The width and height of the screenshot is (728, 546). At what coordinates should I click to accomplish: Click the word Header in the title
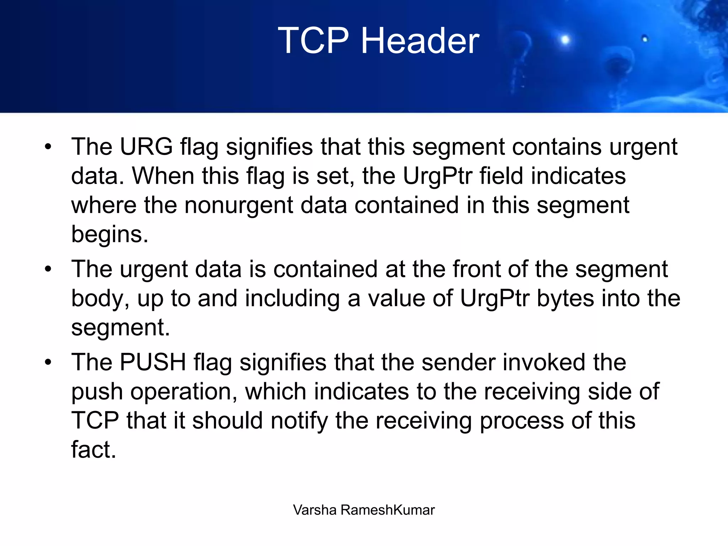pos(420,41)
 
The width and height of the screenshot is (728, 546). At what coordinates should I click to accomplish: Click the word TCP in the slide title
pos(313,41)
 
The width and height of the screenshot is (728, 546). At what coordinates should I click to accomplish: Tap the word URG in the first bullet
pos(146,146)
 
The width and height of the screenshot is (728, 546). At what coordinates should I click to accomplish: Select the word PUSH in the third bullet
pos(153,362)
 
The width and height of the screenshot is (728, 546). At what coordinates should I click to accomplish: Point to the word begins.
pos(109,235)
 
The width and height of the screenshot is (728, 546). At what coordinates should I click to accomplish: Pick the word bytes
pos(565,298)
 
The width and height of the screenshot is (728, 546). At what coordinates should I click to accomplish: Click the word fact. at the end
pos(93,450)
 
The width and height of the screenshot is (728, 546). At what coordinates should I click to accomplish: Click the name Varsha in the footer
pos(315,510)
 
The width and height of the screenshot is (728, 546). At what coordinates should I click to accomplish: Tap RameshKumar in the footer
pos(387,510)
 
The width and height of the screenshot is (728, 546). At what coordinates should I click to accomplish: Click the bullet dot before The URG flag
pos(48,147)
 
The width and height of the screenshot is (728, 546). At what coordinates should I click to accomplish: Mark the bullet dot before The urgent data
pos(48,269)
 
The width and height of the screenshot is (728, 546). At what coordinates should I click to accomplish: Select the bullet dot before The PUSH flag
pos(48,363)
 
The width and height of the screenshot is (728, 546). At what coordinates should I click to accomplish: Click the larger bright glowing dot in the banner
pos(565,39)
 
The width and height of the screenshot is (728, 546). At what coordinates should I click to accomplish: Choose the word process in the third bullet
pos(521,421)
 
